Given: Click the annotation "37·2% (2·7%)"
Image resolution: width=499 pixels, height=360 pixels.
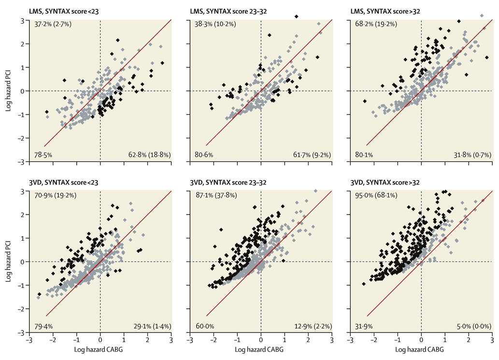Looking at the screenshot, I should coord(53,24).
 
